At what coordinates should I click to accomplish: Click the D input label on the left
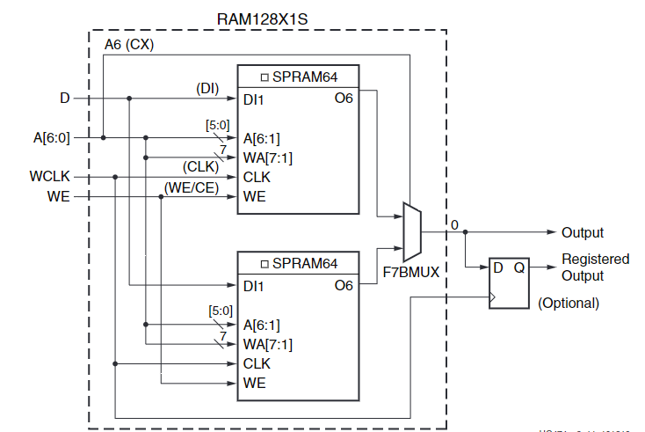tap(64, 99)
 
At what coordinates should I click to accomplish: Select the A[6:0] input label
tap(52, 136)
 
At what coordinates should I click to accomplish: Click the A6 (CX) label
tap(129, 45)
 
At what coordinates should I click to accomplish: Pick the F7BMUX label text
tap(410, 273)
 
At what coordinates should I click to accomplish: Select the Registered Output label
tap(595, 267)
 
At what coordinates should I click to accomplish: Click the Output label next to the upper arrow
tap(583, 232)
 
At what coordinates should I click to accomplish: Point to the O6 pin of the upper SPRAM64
tap(344, 99)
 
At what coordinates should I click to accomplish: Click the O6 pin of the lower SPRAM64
tap(344, 285)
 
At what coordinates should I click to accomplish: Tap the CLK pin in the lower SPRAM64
tap(257, 363)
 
